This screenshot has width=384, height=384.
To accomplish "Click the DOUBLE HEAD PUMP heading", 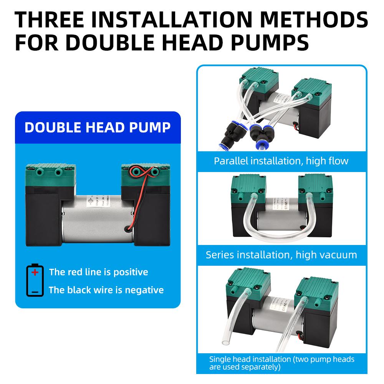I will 98,127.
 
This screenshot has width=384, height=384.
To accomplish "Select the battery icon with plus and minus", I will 35,280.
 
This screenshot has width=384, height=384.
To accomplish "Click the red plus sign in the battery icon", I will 35,273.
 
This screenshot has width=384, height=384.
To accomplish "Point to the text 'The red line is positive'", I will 98,272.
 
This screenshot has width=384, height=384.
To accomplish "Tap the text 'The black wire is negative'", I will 106,290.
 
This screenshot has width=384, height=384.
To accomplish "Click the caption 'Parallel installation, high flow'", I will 281,161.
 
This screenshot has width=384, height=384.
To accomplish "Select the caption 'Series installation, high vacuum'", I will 281,255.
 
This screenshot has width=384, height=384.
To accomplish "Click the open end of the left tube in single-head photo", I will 223,341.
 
